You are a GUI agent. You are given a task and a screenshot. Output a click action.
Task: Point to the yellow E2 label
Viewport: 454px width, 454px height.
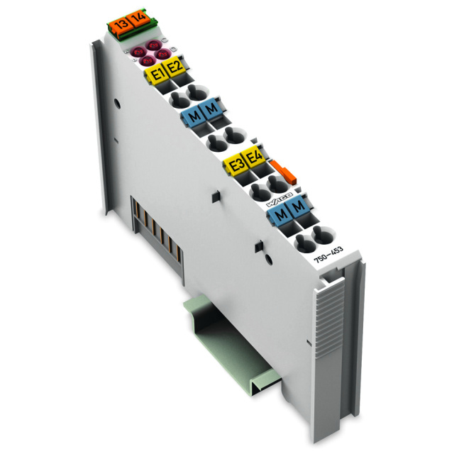175,68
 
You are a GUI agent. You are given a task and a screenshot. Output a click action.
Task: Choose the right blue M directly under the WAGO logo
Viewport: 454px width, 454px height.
299,206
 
